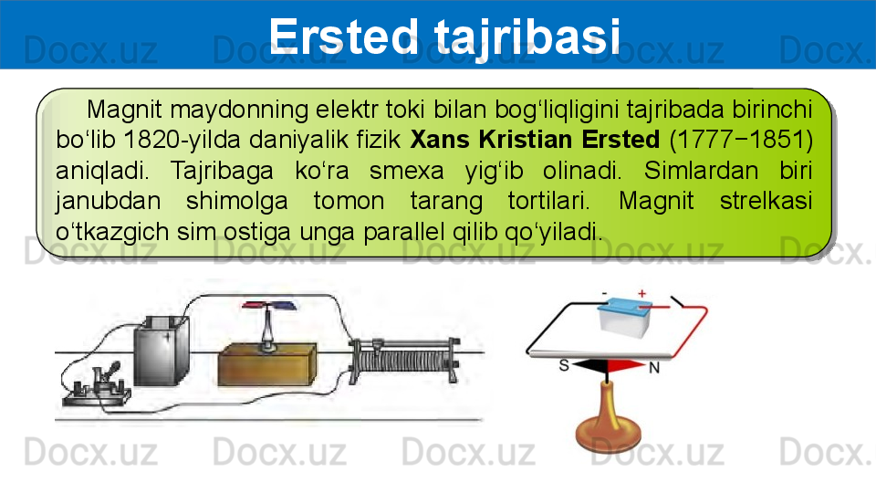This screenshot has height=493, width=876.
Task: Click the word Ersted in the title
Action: pyautogui.click(x=343, y=36)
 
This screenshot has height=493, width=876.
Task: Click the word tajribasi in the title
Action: pyautogui.click(x=527, y=37)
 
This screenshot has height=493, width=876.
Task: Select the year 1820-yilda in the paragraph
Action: pyautogui.click(x=182, y=140)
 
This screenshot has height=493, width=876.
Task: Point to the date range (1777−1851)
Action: pyautogui.click(x=741, y=140)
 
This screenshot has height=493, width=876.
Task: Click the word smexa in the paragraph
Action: pyautogui.click(x=406, y=171)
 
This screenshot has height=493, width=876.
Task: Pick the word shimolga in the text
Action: pyautogui.click(x=237, y=201)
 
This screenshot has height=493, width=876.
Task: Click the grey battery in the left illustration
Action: pyautogui.click(x=161, y=351)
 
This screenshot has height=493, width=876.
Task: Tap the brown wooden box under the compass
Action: pyautogui.click(x=267, y=365)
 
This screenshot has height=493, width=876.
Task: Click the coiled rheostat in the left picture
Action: pyautogui.click(x=405, y=361)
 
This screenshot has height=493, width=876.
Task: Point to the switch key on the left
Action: pyautogui.click(x=98, y=386)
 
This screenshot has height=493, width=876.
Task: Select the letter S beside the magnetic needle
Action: pyautogui.click(x=564, y=365)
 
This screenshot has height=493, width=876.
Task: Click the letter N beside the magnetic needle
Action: pyautogui.click(x=654, y=368)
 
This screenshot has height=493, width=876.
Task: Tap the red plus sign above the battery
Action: pyautogui.click(x=641, y=293)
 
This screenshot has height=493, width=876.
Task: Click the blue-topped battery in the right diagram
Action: pyautogui.click(x=624, y=317)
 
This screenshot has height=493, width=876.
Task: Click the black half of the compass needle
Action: pyautogui.click(x=589, y=366)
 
